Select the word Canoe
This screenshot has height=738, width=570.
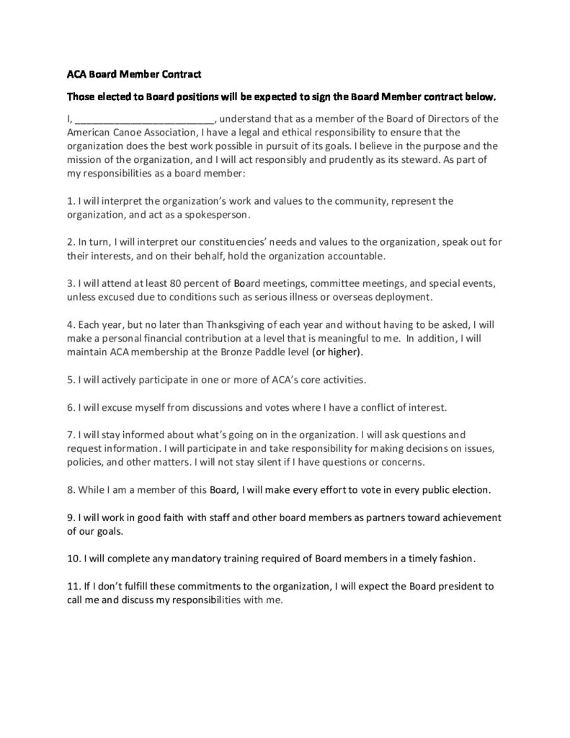(127, 133)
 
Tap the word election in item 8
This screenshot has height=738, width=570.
(469, 490)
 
